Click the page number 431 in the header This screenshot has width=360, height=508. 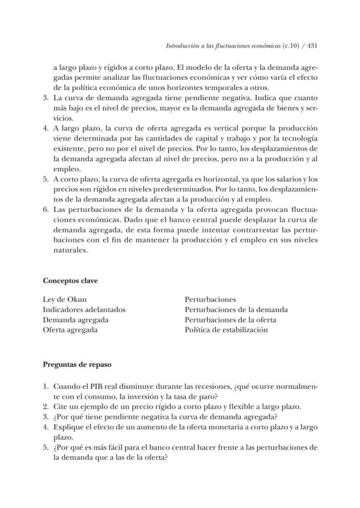[312, 46]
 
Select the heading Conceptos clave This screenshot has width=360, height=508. [70, 281]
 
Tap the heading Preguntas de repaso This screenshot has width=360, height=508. [77, 364]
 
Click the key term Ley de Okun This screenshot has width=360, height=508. [64, 299]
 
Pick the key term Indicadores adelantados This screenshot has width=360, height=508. [84, 310]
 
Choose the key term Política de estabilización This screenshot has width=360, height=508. [226, 330]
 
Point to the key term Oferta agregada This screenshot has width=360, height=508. [70, 330]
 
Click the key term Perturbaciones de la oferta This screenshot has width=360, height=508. [230, 320]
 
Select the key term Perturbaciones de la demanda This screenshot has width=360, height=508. [236, 310]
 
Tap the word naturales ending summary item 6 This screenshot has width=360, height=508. [70, 250]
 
